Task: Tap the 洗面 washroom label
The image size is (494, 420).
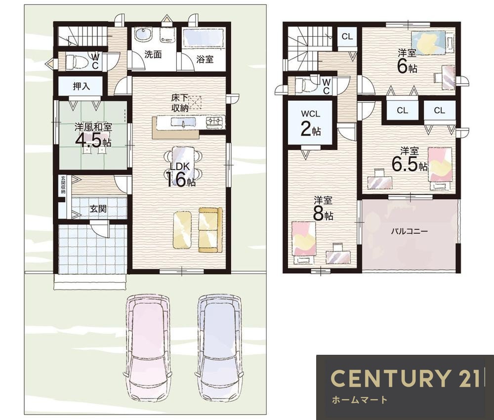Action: coord(153,54)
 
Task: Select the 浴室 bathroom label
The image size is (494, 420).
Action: coord(205,59)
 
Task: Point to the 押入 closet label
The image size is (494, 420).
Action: coord(82,86)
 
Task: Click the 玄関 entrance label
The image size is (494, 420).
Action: coord(98,209)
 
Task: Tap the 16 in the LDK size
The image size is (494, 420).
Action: coord(176,180)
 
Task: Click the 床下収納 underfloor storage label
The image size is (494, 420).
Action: coord(180,103)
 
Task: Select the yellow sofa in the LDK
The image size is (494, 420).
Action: coord(210,230)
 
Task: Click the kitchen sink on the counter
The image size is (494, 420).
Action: coord(183,122)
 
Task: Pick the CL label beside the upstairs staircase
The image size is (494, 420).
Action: coord(347,37)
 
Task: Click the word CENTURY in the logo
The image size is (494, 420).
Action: coord(391,378)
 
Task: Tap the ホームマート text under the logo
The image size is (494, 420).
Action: coord(359,400)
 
